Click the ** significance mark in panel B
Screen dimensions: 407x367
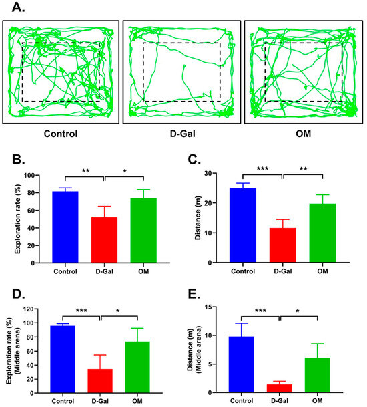pos(85,171)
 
